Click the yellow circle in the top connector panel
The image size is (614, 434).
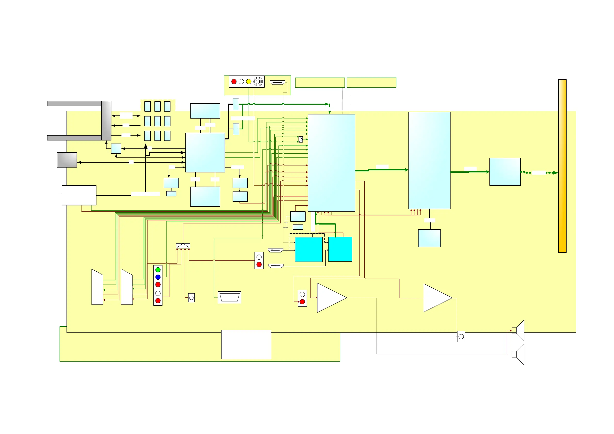(x=248, y=81)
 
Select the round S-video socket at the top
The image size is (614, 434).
(x=258, y=81)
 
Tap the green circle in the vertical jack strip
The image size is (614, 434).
(x=158, y=270)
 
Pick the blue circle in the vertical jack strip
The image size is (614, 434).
(x=158, y=277)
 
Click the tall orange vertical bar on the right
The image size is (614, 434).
(x=562, y=166)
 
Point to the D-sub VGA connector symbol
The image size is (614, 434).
(x=230, y=297)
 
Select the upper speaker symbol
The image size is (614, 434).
(x=518, y=331)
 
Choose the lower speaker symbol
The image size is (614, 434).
(x=518, y=354)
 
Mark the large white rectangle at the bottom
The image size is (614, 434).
(x=246, y=345)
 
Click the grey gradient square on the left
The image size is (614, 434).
(x=67, y=160)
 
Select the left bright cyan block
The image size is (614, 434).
(x=309, y=249)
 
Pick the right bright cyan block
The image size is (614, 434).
(x=340, y=249)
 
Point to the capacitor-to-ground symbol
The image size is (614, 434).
(x=286, y=224)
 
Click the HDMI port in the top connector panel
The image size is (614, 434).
(x=277, y=82)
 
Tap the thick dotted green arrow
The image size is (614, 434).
(x=539, y=173)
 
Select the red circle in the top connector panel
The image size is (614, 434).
(x=234, y=81)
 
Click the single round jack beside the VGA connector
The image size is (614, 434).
(x=192, y=298)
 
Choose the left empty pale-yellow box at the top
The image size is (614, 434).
(x=320, y=82)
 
